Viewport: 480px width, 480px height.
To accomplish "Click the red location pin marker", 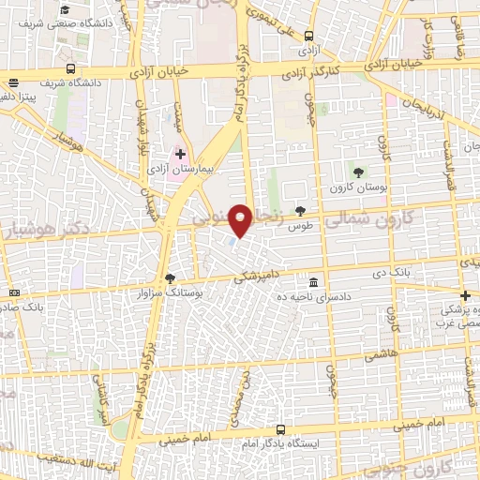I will point(242,219).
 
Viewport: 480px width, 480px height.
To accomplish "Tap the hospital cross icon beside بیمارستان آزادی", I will point(181,153).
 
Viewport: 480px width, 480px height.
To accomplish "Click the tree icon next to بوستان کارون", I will point(357,170).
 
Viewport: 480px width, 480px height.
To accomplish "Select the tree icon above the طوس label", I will point(300,211).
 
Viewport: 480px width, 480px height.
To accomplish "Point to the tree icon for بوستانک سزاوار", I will point(170,277).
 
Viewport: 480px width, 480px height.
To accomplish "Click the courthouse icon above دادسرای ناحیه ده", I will point(312,282).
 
